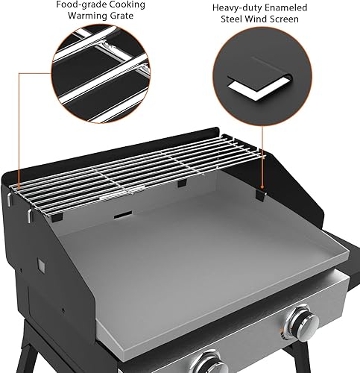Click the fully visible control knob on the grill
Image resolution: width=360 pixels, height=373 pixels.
(304, 323)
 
